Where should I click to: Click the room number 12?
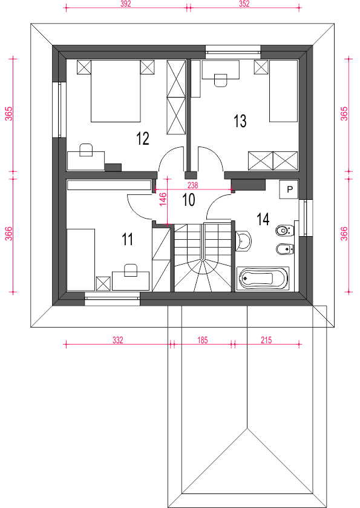coord(143,138)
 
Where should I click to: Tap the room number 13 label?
coord(240,121)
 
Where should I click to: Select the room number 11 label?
coord(127,239)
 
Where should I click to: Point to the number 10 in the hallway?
coord(188,200)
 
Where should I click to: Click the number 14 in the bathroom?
coord(263,219)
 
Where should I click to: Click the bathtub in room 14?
coord(263,278)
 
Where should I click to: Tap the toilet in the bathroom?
coord(284,231)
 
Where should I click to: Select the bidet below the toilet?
coord(284,249)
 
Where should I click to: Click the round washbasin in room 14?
coord(243,241)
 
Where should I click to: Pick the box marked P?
coord(289,189)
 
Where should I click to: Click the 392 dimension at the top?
coord(126,4)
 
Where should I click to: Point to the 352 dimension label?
coord(244,4)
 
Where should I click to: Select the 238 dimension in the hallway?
coord(192,185)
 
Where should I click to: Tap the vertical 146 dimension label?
coord(163,199)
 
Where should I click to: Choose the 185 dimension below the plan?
coord(202,340)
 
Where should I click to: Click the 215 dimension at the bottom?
coord(266,340)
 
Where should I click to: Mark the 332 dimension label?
coord(118,340)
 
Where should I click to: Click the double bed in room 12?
coord(116,91)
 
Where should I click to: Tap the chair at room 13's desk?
coord(221,80)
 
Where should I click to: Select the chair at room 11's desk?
coord(131,270)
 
